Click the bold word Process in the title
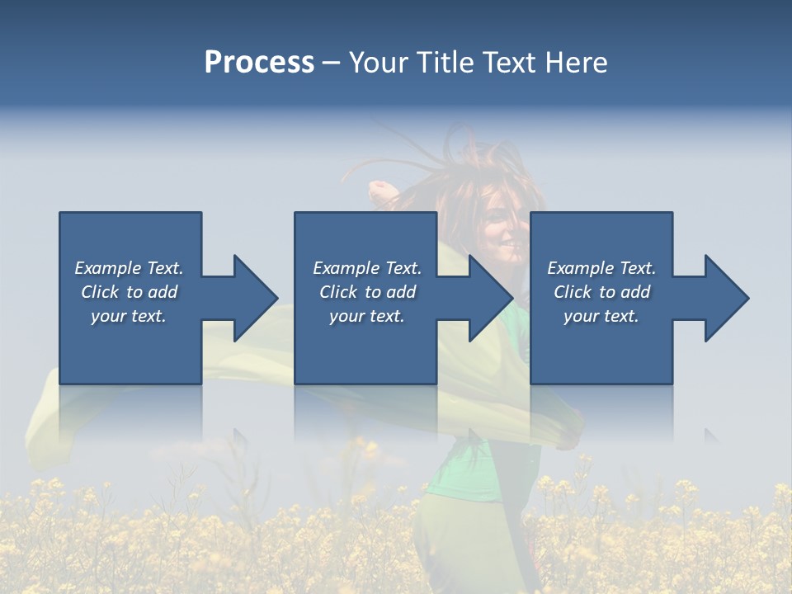pos(259,63)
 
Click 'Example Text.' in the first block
pos(129,268)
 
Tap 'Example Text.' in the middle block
pos(366,268)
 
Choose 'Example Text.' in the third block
pos(601,268)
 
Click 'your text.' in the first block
pos(129,316)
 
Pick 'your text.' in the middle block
pos(366,316)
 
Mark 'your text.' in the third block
pos(601,316)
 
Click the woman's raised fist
pos(381,192)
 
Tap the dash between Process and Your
pos(331,63)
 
